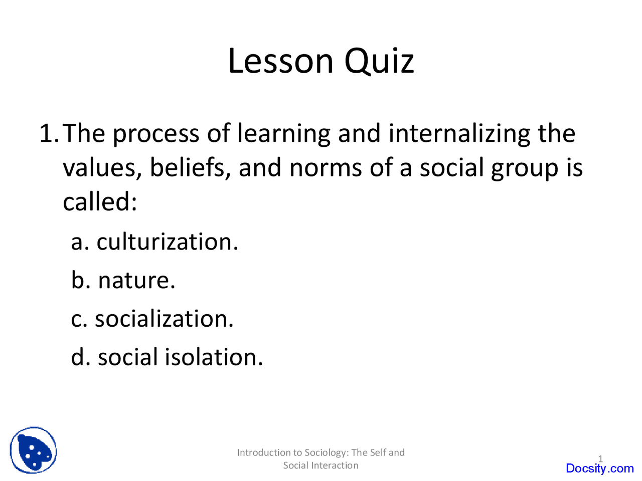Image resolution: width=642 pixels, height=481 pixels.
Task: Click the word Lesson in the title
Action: (x=280, y=61)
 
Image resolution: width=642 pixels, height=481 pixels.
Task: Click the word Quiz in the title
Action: (x=379, y=61)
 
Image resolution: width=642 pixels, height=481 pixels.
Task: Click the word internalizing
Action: (x=458, y=134)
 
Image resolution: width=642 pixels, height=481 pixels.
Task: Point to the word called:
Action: (x=100, y=202)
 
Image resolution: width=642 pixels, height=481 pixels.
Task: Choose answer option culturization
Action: (x=167, y=242)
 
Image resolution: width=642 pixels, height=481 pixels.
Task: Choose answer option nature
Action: (x=136, y=280)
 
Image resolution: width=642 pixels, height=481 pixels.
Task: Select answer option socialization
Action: (x=164, y=319)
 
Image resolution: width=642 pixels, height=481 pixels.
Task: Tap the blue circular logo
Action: (x=33, y=450)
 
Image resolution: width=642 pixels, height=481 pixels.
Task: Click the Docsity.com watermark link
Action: (x=599, y=468)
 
